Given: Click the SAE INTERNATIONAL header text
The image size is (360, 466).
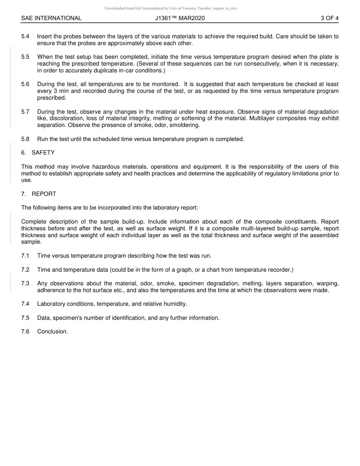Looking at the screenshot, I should (x=51, y=18).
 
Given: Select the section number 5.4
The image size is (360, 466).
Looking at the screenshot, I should (x=25, y=36).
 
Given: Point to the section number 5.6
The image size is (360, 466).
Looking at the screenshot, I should (x=25, y=84).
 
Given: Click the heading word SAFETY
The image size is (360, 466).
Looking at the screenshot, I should (x=43, y=153).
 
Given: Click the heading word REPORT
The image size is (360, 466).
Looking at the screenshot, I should (x=44, y=194).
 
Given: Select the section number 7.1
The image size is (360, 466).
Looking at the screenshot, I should (x=25, y=256).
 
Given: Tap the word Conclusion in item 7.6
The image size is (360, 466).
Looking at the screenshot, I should (x=52, y=332).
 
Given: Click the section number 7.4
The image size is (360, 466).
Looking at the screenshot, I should (x=25, y=304).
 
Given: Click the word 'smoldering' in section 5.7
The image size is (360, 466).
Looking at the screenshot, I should (x=185, y=125).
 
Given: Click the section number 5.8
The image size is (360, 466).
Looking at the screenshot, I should (x=25, y=139).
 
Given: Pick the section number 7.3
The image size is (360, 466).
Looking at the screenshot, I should (x=25, y=283).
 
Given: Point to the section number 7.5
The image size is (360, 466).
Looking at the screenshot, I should (x=25, y=318).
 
